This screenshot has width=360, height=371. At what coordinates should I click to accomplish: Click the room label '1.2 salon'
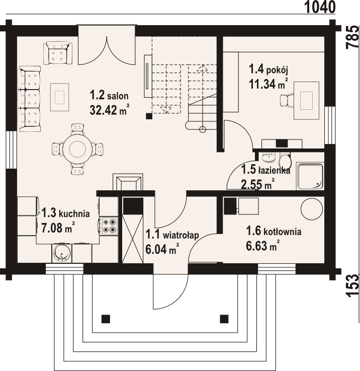tap(109, 95)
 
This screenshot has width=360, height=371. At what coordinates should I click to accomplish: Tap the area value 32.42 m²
tap(110, 110)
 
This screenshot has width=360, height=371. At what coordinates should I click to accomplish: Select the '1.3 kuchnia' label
tap(66, 213)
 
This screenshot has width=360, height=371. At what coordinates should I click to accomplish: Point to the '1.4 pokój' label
tap(268, 69)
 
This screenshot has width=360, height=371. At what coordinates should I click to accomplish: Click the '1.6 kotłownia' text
tap(274, 231)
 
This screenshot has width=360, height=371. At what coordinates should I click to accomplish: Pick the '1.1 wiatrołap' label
tap(172, 235)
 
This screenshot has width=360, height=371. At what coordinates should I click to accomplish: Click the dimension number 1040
tap(320, 7)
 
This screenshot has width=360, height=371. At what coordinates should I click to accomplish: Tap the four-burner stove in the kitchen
tap(109, 226)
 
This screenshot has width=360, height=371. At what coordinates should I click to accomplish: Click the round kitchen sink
tap(61, 253)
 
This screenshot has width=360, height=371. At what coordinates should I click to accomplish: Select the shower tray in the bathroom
tap(310, 176)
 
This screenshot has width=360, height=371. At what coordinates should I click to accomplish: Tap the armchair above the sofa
tap(58, 53)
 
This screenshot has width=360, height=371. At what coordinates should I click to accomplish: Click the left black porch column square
tap(106, 319)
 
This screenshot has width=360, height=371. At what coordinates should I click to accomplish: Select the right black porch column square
tap(224, 319)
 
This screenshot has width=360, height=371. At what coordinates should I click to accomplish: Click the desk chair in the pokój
tap(287, 100)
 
